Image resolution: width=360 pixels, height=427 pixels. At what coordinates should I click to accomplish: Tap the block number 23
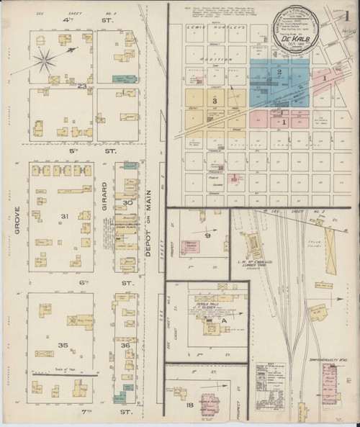(83, 86)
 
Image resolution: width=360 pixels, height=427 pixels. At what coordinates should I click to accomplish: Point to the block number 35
(63, 346)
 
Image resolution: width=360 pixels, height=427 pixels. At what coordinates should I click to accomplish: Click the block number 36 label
(125, 346)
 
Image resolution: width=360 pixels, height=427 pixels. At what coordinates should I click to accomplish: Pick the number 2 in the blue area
(278, 72)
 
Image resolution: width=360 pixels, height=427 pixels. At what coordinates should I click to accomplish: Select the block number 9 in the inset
(207, 235)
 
